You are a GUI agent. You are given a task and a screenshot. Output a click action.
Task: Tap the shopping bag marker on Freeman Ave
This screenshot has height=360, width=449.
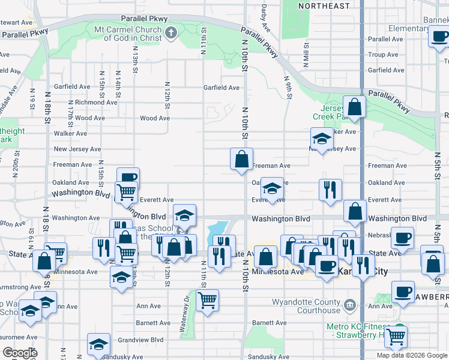point(241,160)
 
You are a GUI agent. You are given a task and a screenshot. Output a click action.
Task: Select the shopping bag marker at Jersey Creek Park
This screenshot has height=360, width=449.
point(355,107)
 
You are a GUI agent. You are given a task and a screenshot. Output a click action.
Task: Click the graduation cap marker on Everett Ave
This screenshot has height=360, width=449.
point(272,190)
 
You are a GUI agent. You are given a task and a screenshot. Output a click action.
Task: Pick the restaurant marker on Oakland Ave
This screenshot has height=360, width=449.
point(330,190)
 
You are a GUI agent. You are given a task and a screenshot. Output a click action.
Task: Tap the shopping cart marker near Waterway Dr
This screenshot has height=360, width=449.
point(207,300)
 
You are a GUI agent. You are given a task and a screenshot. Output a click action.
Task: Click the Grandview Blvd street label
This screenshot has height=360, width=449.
point(140,340)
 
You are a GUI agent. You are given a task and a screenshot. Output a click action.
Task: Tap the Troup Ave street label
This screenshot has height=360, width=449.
point(383,55)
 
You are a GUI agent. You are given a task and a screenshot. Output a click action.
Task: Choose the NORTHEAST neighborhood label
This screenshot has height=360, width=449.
point(324,6)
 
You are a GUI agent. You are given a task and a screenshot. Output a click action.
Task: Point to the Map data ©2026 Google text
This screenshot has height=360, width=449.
point(411,355)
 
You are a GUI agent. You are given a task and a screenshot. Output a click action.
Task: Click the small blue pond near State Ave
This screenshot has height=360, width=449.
point(217,229)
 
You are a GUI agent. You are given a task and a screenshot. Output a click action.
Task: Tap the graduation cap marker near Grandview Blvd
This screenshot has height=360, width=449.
point(98,345)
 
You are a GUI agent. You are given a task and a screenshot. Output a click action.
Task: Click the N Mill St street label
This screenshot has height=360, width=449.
point(306,58)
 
